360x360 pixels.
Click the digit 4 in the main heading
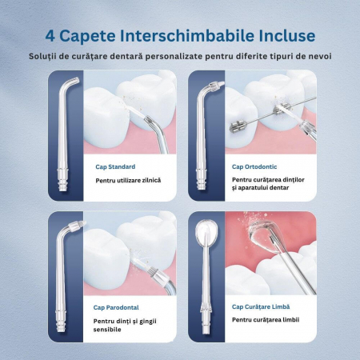click(x=50, y=36)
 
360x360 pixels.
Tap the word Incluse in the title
click(x=287, y=36)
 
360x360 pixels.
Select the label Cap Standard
click(x=115, y=166)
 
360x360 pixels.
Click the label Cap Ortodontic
click(x=254, y=166)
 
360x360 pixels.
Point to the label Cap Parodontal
click(x=116, y=307)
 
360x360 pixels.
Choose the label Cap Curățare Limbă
click(x=261, y=306)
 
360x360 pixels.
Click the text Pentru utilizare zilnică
click(x=128, y=181)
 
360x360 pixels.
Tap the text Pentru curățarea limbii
click(x=266, y=320)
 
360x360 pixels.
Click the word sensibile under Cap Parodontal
click(x=107, y=330)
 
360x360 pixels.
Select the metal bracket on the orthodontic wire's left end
click(x=238, y=126)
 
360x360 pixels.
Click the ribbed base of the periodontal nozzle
click(x=61, y=321)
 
